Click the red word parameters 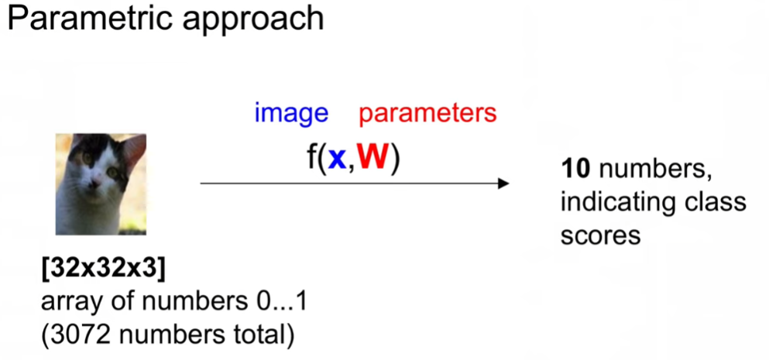[x=427, y=114]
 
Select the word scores [x=600, y=235]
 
